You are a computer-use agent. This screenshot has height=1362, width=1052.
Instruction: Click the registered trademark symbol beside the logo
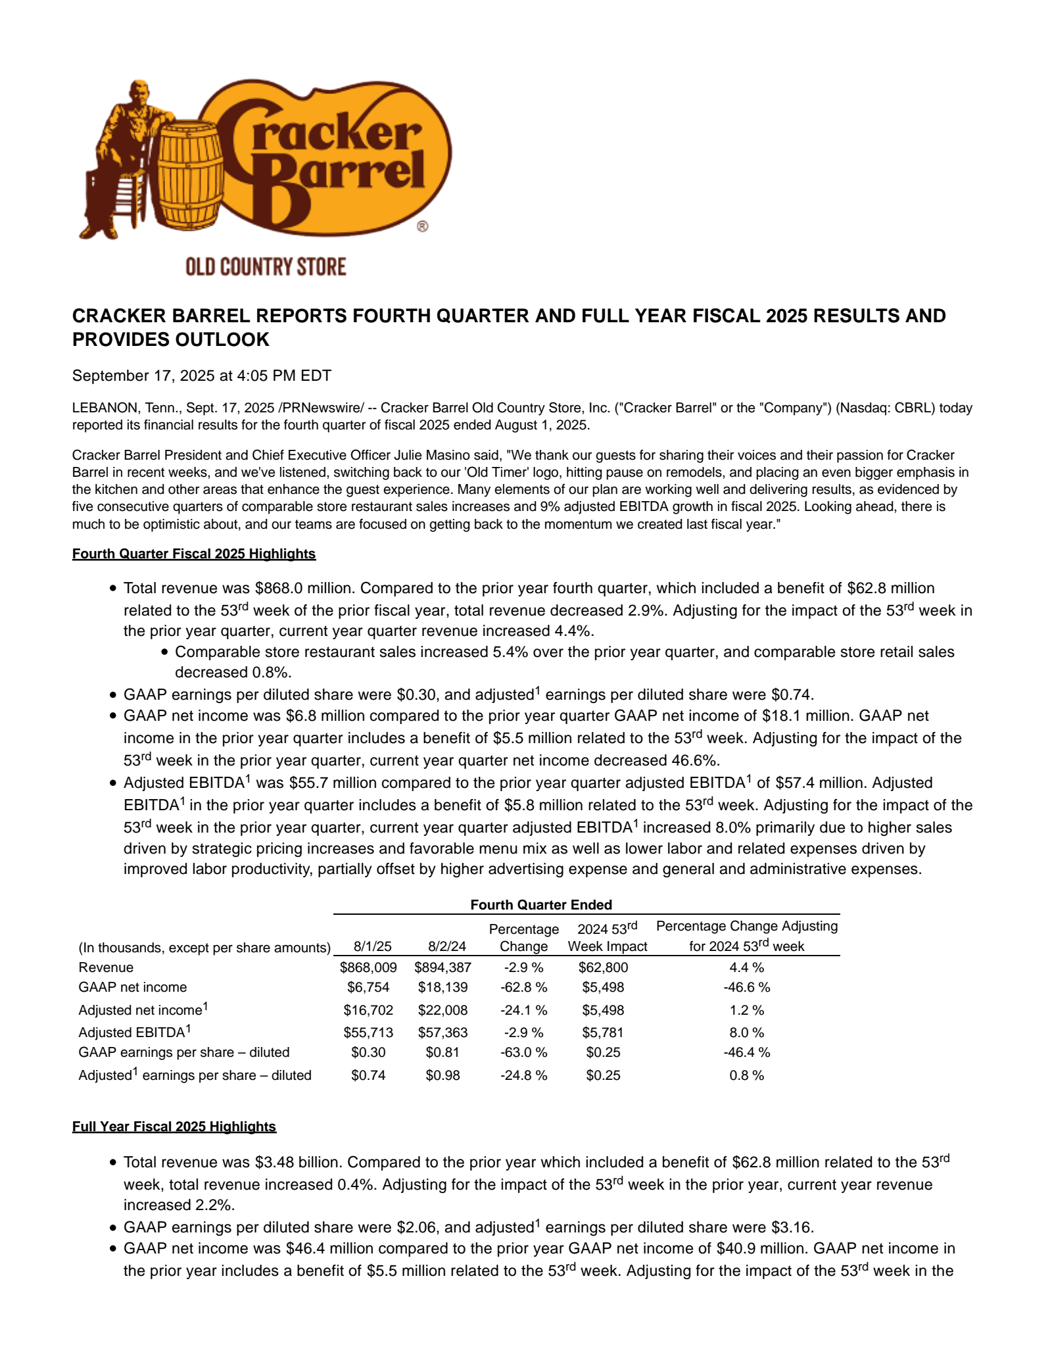(422, 226)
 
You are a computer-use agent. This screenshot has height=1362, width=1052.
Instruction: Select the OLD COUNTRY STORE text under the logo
(266, 267)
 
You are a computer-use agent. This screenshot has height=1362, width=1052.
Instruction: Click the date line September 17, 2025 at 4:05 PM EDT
(201, 376)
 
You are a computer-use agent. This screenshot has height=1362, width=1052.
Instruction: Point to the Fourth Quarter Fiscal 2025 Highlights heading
(194, 554)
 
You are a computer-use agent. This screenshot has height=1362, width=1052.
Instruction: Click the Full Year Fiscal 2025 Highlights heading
(174, 1127)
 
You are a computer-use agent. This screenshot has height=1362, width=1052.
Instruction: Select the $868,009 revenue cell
(368, 967)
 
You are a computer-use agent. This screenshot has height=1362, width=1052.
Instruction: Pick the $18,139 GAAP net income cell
(442, 987)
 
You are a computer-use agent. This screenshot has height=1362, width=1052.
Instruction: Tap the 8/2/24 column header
(446, 946)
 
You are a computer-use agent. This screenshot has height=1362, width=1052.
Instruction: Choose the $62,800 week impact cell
(603, 967)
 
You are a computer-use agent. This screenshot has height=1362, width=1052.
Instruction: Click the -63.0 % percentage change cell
(523, 1052)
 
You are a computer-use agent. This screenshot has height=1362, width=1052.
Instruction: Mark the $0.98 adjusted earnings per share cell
(442, 1075)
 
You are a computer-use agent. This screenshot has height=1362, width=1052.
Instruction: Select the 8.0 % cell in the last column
(746, 1033)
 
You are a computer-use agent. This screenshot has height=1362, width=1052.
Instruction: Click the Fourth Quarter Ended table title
(541, 905)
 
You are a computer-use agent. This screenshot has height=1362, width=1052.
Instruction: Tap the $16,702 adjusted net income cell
(368, 1010)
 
